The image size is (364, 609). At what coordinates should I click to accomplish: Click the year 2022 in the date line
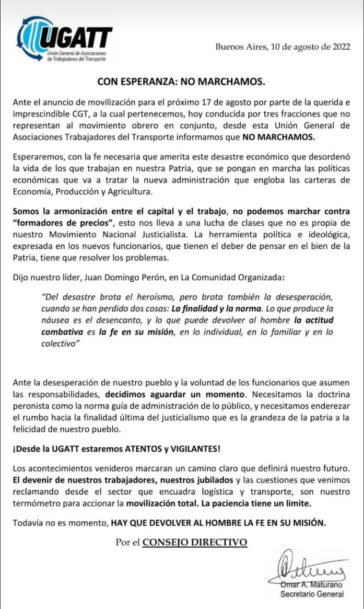click(339, 47)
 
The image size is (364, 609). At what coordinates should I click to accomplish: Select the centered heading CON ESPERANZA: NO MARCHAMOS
click(182, 82)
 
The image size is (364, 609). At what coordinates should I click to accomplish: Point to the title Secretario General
click(312, 594)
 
